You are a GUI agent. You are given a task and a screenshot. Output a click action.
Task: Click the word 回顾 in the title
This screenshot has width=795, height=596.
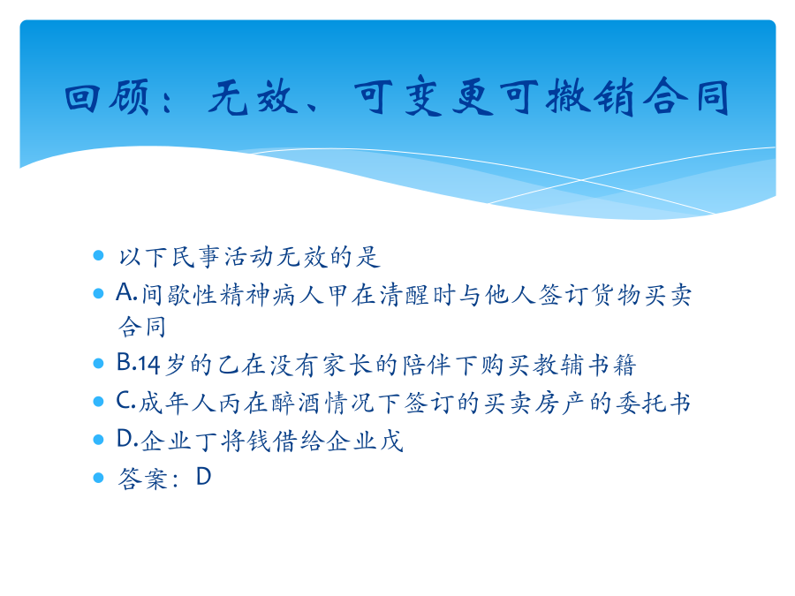(x=108, y=96)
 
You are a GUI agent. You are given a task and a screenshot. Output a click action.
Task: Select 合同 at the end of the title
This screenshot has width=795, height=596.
(x=686, y=96)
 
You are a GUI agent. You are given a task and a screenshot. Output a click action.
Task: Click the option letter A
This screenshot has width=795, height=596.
(x=125, y=292)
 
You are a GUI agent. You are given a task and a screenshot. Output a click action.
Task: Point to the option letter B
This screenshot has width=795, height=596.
(x=125, y=362)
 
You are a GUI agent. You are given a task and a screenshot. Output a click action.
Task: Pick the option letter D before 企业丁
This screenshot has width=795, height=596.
(x=125, y=438)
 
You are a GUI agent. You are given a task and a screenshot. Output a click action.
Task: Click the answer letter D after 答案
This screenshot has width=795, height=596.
(x=204, y=477)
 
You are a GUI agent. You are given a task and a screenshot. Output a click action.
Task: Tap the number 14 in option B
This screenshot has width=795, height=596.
(x=149, y=364)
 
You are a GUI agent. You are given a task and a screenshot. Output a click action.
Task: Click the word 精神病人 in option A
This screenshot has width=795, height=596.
(x=272, y=295)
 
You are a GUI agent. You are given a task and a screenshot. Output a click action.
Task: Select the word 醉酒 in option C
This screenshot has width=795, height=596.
(x=296, y=403)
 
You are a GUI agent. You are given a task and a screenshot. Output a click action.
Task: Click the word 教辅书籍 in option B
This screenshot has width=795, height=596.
(x=585, y=365)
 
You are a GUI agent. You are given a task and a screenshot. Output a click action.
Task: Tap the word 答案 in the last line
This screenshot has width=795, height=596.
(x=142, y=479)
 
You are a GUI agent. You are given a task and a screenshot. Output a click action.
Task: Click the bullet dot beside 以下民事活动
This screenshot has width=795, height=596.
(x=98, y=255)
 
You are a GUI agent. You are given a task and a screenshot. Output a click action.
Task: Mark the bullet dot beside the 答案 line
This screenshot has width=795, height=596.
(x=98, y=478)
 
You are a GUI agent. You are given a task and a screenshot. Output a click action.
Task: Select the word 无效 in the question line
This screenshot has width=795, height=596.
(x=302, y=256)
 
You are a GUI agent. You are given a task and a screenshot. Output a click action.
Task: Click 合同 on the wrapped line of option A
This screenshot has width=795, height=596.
(x=142, y=327)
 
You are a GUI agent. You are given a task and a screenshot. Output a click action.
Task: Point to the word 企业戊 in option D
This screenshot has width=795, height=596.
(x=365, y=441)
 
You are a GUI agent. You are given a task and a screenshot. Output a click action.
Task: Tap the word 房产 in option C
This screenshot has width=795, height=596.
(x=561, y=403)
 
